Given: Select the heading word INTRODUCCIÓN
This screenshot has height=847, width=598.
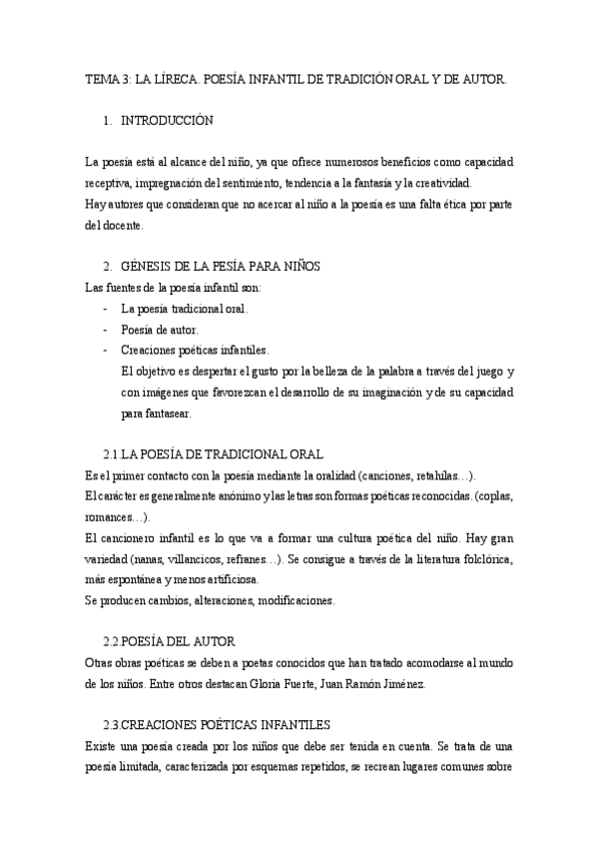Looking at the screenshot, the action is [167, 121].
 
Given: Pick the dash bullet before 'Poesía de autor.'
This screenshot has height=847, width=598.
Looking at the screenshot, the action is [105, 330].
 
